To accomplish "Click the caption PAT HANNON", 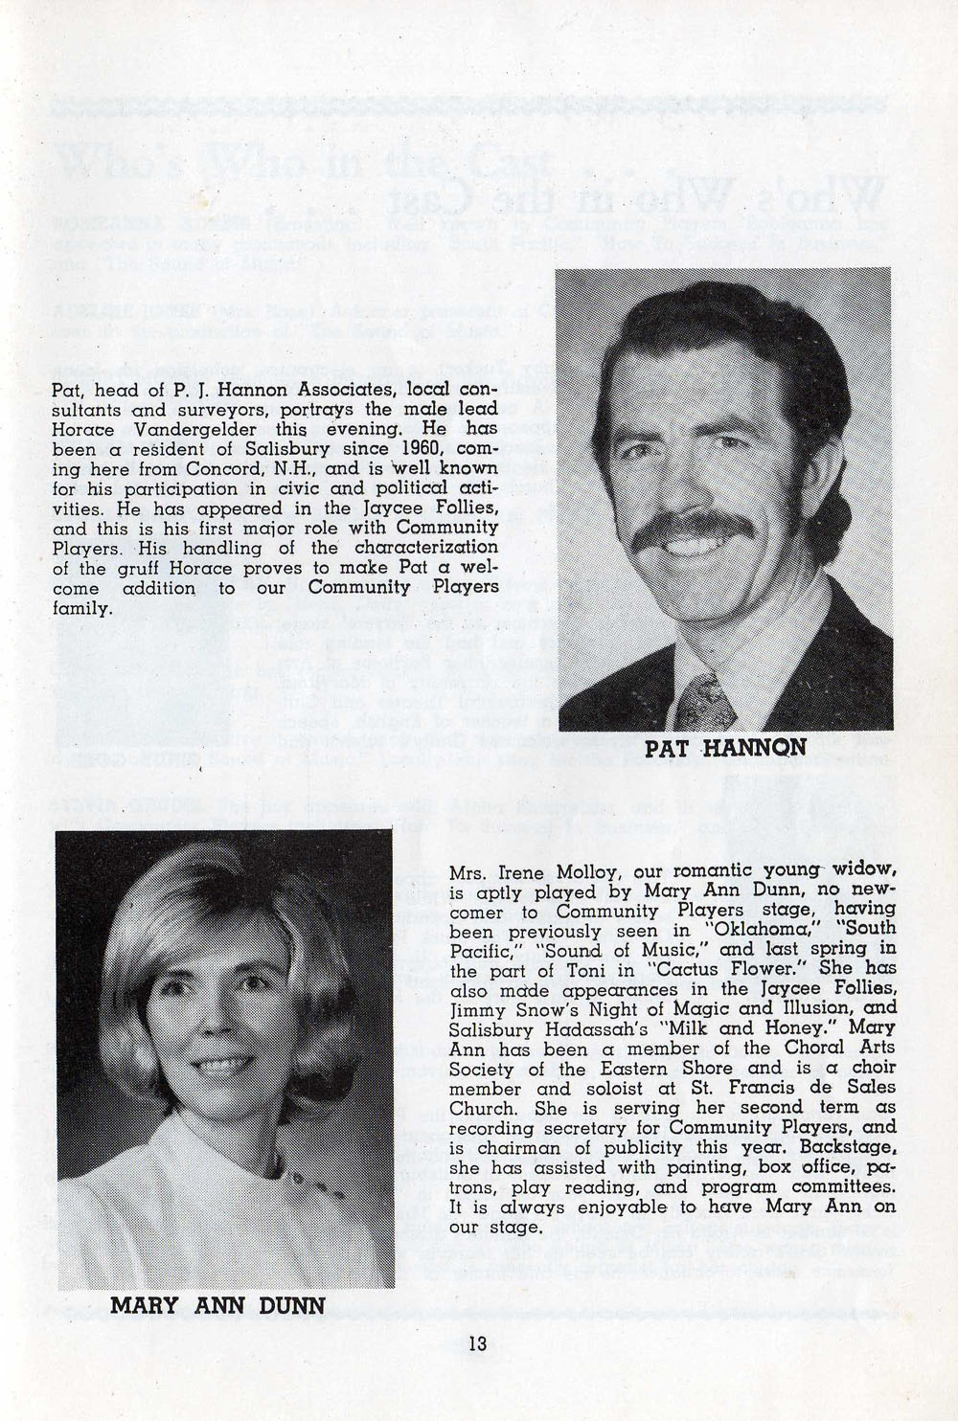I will tap(722, 751).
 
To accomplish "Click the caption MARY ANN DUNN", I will tap(217, 1303).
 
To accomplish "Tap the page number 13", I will tap(478, 1342).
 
